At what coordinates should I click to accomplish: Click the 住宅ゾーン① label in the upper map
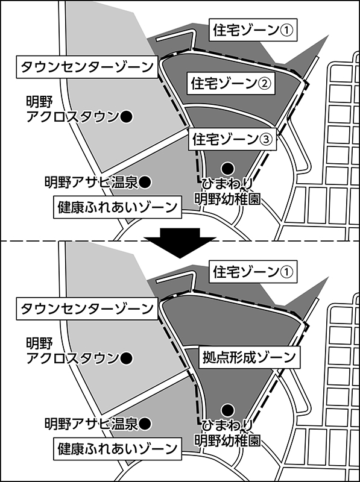[x=253, y=30]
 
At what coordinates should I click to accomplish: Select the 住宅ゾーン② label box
[x=232, y=83]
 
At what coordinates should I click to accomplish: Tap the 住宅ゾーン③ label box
[x=233, y=139]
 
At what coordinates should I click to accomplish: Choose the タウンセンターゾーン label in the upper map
[x=87, y=67]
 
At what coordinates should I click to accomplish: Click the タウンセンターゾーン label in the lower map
[x=87, y=308]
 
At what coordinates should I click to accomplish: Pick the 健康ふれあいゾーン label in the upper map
[x=118, y=207]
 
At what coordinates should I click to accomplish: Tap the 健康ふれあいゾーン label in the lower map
[x=118, y=449]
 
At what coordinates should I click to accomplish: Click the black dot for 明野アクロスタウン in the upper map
[x=126, y=116]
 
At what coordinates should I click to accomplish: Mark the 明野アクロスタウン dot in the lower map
[x=126, y=358]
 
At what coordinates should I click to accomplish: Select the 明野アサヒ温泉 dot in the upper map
[x=145, y=183]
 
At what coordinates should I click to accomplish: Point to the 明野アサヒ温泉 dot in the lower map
[x=145, y=424]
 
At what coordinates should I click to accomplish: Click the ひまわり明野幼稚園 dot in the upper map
[x=228, y=168]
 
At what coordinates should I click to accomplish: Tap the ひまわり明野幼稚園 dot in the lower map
[x=228, y=410]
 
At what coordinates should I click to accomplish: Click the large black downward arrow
[x=180, y=243]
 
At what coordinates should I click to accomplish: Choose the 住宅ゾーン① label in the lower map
[x=253, y=272]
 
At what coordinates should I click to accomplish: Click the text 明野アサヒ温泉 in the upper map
[x=91, y=183]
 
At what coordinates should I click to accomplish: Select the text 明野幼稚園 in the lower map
[x=228, y=440]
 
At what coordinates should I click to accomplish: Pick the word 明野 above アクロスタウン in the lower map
[x=39, y=343]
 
